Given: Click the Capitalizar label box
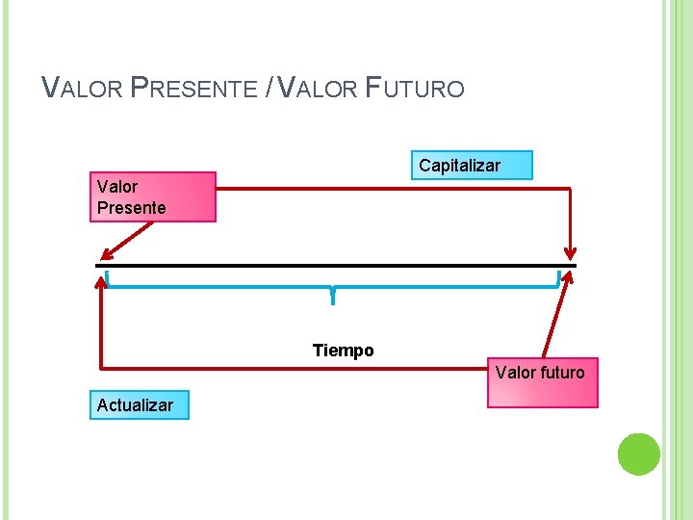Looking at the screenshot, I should coord(471,166).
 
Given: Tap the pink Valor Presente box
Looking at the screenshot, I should coord(153,196).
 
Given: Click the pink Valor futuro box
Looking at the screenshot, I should coord(542,383).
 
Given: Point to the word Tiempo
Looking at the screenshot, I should coord(343,351).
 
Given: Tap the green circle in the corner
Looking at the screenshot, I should coord(638,455).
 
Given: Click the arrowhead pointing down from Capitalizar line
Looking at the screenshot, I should coord(571,252).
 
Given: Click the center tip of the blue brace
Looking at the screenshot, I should coord(332,299).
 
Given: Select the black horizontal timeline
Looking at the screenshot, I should coord(337,265).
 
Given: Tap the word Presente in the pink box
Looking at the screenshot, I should coord(131,207).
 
